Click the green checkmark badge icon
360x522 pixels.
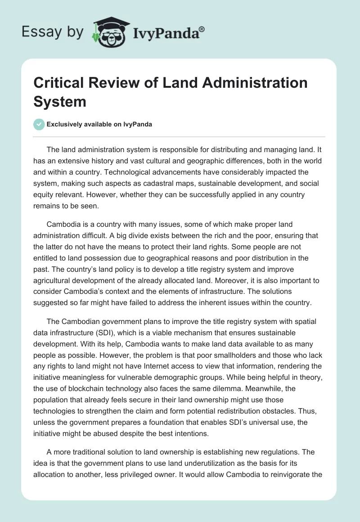[39, 124]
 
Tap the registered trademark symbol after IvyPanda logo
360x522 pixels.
[202, 28]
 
